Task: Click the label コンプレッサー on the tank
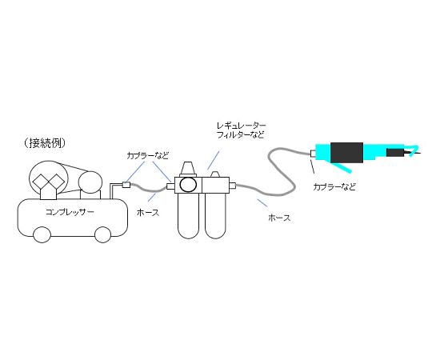(70, 212)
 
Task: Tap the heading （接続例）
(44, 143)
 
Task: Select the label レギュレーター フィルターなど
(241, 130)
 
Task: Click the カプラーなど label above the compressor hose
(147, 156)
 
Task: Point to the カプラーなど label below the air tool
(334, 186)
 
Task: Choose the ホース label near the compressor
(148, 212)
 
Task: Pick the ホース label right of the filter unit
(279, 218)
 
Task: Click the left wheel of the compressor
(42, 234)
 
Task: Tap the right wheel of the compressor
(102, 234)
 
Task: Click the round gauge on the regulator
(188, 185)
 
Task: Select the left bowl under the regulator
(189, 215)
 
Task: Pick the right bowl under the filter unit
(215, 215)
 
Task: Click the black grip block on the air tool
(346, 153)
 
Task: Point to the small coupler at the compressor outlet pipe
(126, 185)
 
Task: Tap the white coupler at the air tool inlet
(314, 154)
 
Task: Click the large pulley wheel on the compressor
(49, 179)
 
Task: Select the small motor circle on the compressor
(90, 182)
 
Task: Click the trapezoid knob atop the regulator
(188, 168)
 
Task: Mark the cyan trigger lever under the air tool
(342, 167)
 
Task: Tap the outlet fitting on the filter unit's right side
(233, 185)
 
